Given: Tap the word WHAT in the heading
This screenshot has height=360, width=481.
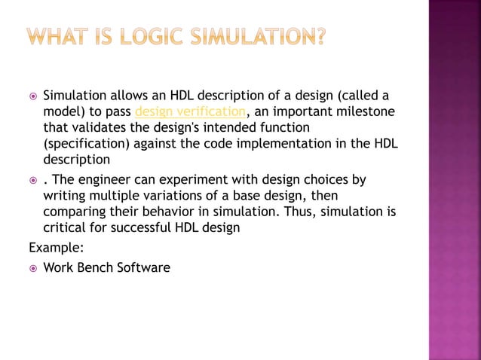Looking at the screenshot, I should point(55,35).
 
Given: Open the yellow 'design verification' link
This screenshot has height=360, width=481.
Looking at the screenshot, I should point(189,112).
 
